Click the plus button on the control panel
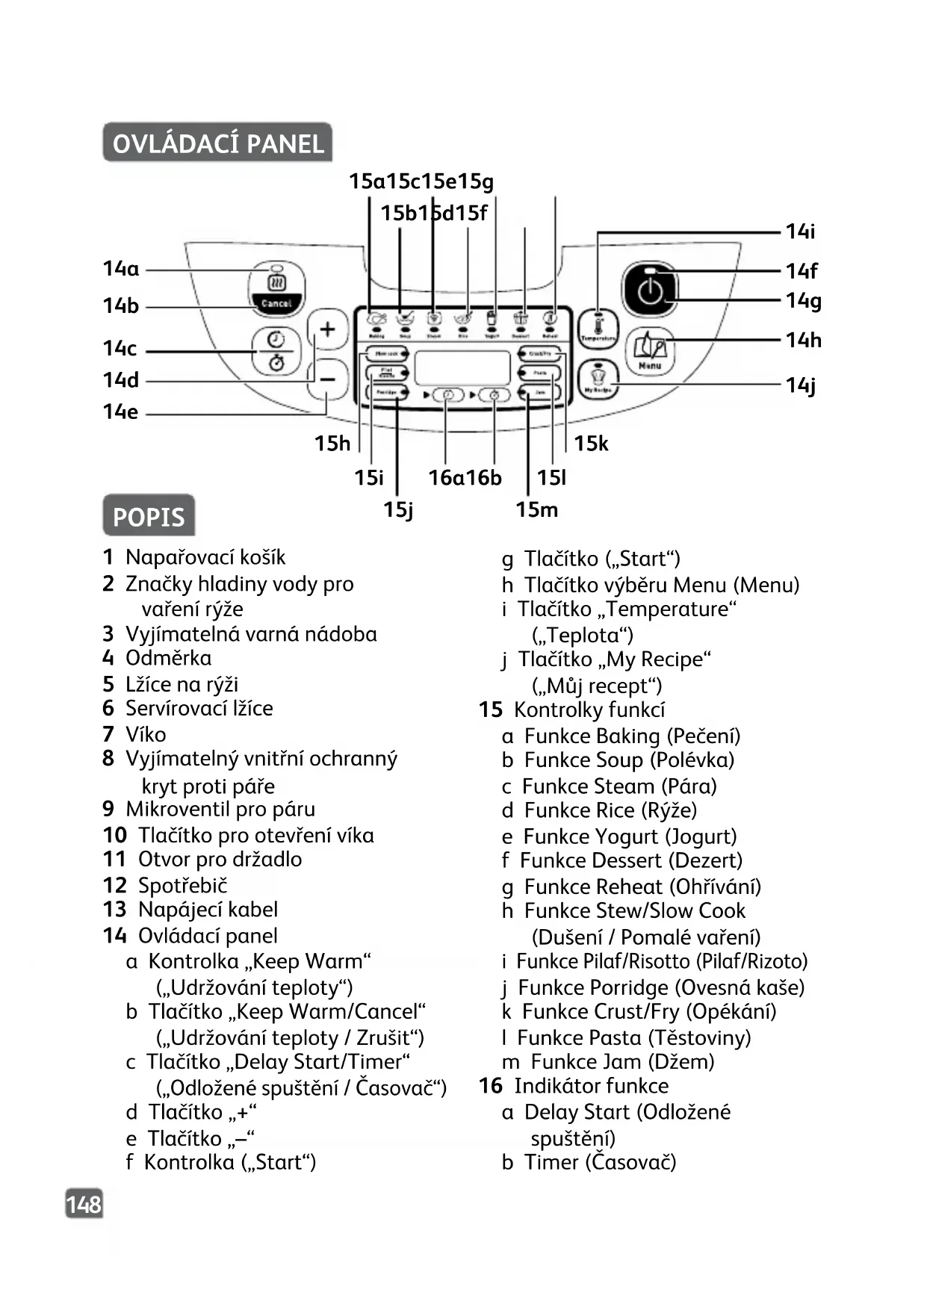click(328, 329)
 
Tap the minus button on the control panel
click(328, 379)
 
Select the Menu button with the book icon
click(650, 351)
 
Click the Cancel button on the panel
click(276, 303)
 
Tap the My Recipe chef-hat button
click(598, 379)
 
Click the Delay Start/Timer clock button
click(276, 350)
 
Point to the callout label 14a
click(121, 269)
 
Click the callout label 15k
click(591, 444)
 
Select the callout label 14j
click(801, 385)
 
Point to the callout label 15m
click(536, 509)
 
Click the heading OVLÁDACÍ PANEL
click(217, 143)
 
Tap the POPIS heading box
click(149, 516)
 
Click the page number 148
click(84, 1204)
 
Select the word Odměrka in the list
click(168, 658)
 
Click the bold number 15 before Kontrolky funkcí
click(491, 710)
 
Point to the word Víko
click(146, 734)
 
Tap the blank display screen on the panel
click(462, 367)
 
